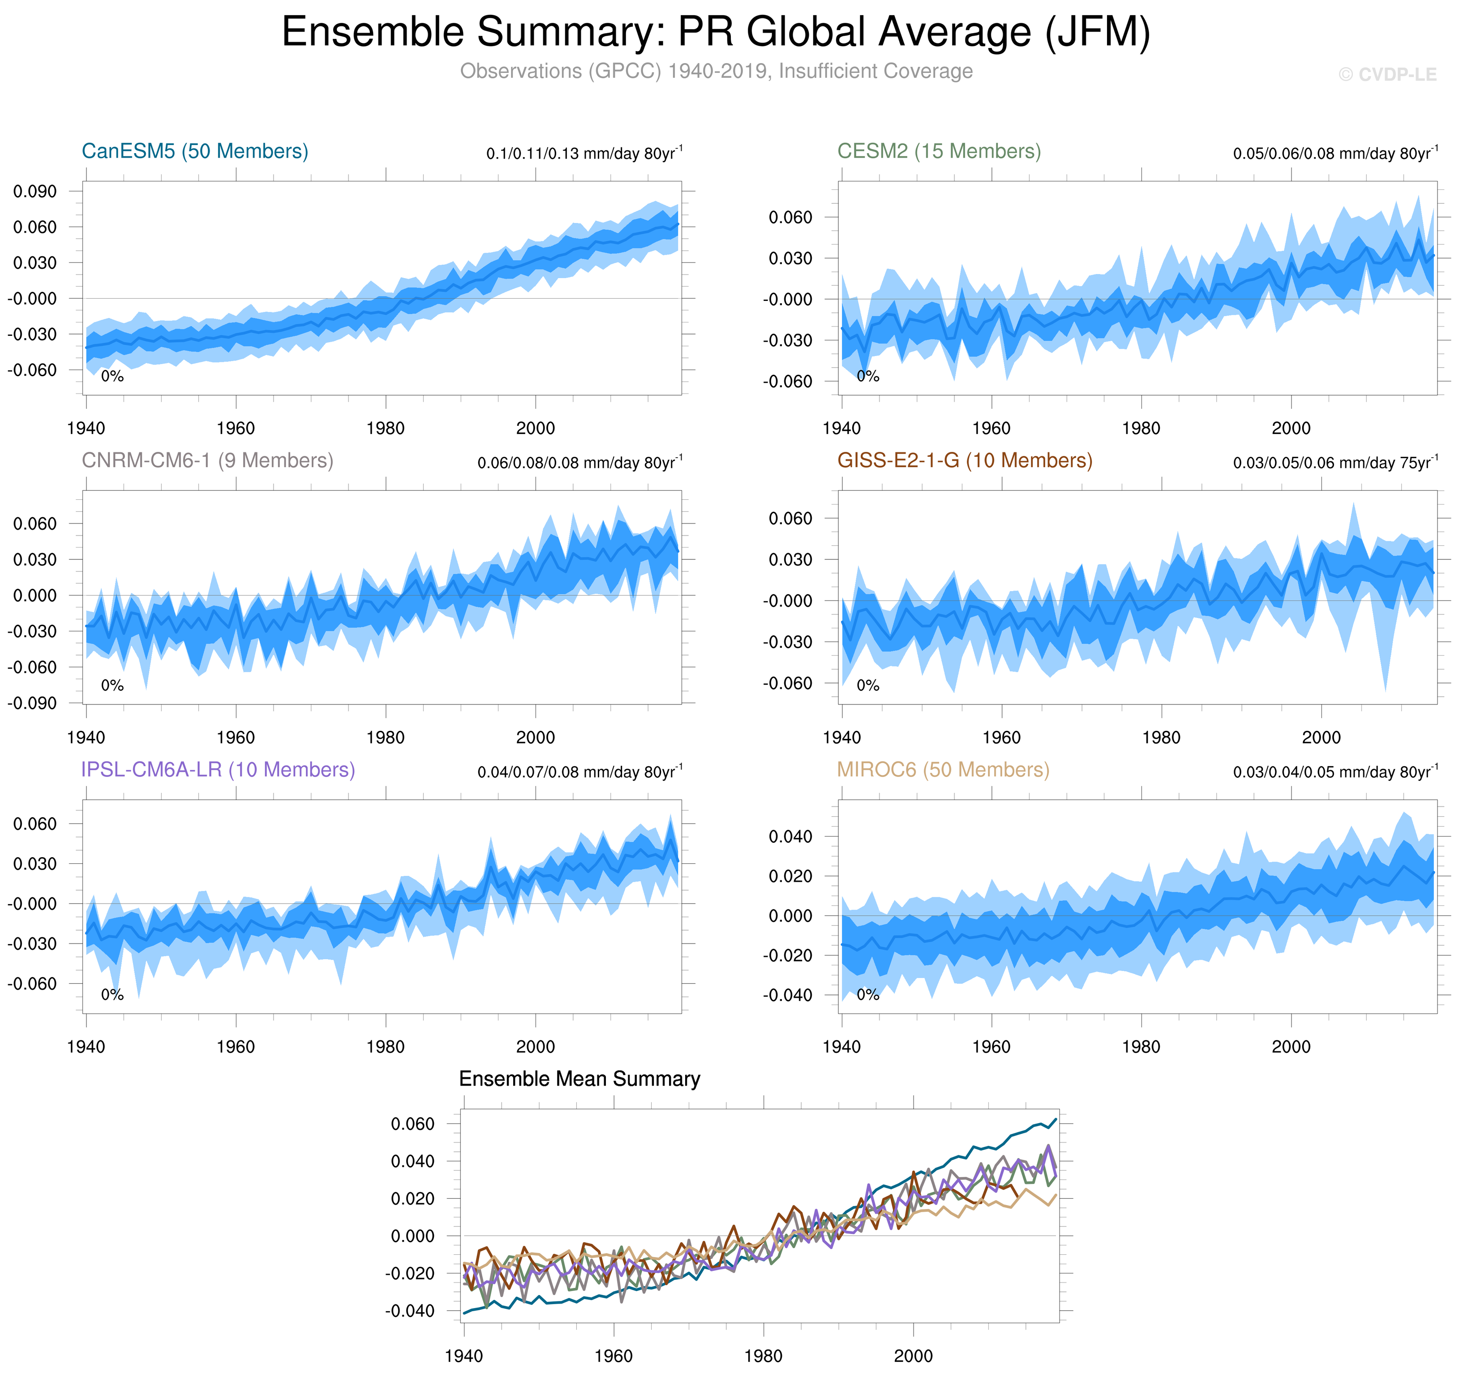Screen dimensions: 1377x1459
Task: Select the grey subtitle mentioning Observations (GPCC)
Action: [716, 71]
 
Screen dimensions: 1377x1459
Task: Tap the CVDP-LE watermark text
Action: [1387, 75]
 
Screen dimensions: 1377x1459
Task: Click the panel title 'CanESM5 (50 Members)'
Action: [194, 151]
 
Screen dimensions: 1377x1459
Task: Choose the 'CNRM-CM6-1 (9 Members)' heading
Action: [207, 460]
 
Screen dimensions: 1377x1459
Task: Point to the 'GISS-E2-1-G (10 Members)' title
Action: [964, 460]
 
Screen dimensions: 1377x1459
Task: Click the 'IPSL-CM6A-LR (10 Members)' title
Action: [218, 769]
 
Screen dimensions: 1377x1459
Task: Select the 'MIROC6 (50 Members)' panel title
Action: [943, 769]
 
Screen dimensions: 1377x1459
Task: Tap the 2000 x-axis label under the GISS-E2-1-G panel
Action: [1321, 738]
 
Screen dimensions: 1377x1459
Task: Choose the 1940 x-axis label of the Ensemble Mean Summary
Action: [464, 1356]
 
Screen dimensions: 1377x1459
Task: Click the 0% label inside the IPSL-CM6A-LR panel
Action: [112, 995]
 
